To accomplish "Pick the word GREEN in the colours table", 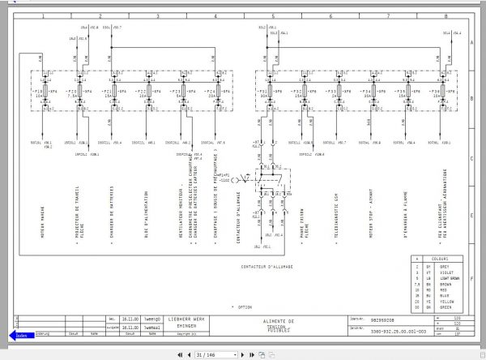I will [446, 307].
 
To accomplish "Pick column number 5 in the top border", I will [272, 15].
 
